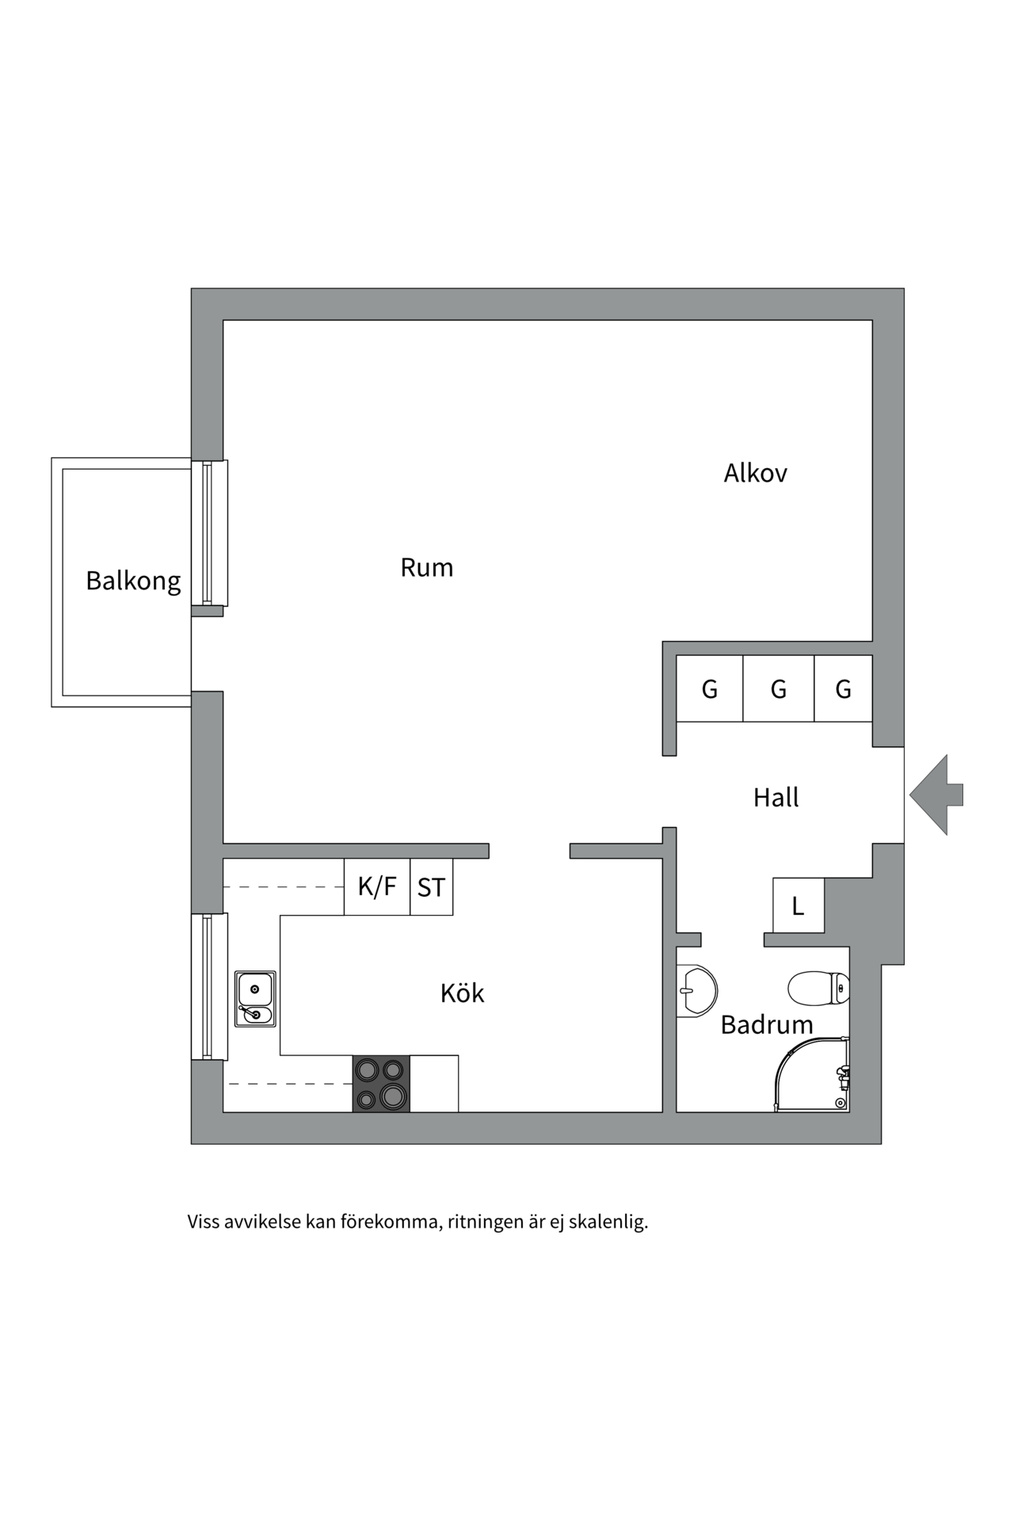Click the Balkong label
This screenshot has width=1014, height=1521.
133,581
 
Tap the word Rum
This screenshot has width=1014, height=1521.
426,567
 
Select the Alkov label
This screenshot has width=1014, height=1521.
755,473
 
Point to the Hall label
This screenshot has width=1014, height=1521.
776,797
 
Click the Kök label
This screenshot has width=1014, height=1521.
462,993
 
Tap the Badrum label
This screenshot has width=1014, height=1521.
766,1024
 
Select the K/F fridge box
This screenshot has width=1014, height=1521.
377,886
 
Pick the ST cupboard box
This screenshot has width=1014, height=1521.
431,887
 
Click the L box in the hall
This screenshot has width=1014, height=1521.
798,905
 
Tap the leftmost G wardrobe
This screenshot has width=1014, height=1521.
709,689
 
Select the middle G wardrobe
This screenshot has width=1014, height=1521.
778,689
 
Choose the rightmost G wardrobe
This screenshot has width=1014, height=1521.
843,689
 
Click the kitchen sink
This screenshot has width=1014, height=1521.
255,999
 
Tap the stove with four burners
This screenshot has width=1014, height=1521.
381,1084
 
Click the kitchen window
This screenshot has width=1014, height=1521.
209,986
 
